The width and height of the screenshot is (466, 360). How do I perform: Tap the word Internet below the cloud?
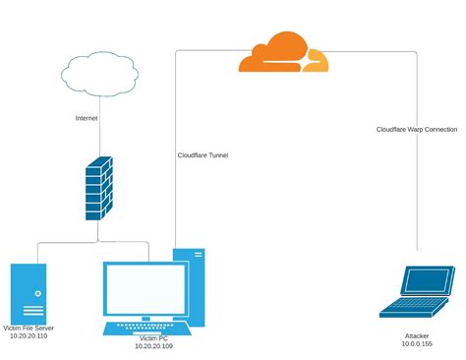pyautogui.click(x=87, y=118)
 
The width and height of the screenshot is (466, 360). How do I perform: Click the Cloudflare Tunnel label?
pyautogui.click(x=203, y=154)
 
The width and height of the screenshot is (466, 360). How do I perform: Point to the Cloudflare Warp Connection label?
pyautogui.click(x=417, y=129)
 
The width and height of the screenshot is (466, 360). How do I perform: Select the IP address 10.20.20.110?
pyautogui.click(x=34, y=336)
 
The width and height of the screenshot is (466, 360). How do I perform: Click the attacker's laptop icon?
pyautogui.click(x=416, y=292)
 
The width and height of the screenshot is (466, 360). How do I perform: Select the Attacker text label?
pyautogui.click(x=417, y=335)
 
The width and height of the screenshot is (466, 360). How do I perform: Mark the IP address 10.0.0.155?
pyautogui.click(x=417, y=344)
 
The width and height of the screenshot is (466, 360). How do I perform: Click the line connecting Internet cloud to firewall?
pyautogui.click(x=99, y=138)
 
